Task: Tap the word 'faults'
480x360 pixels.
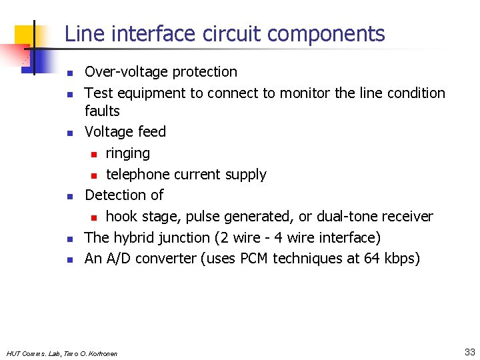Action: (x=102, y=111)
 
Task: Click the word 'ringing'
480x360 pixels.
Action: (x=127, y=153)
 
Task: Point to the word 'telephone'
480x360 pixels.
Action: (x=138, y=175)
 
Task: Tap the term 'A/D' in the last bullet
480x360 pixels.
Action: (x=117, y=259)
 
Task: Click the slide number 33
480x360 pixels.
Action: (x=469, y=352)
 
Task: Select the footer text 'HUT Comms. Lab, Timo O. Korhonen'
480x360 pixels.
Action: (x=61, y=353)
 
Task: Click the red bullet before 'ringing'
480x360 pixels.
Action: (x=94, y=154)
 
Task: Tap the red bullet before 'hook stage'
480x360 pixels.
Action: (x=94, y=217)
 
